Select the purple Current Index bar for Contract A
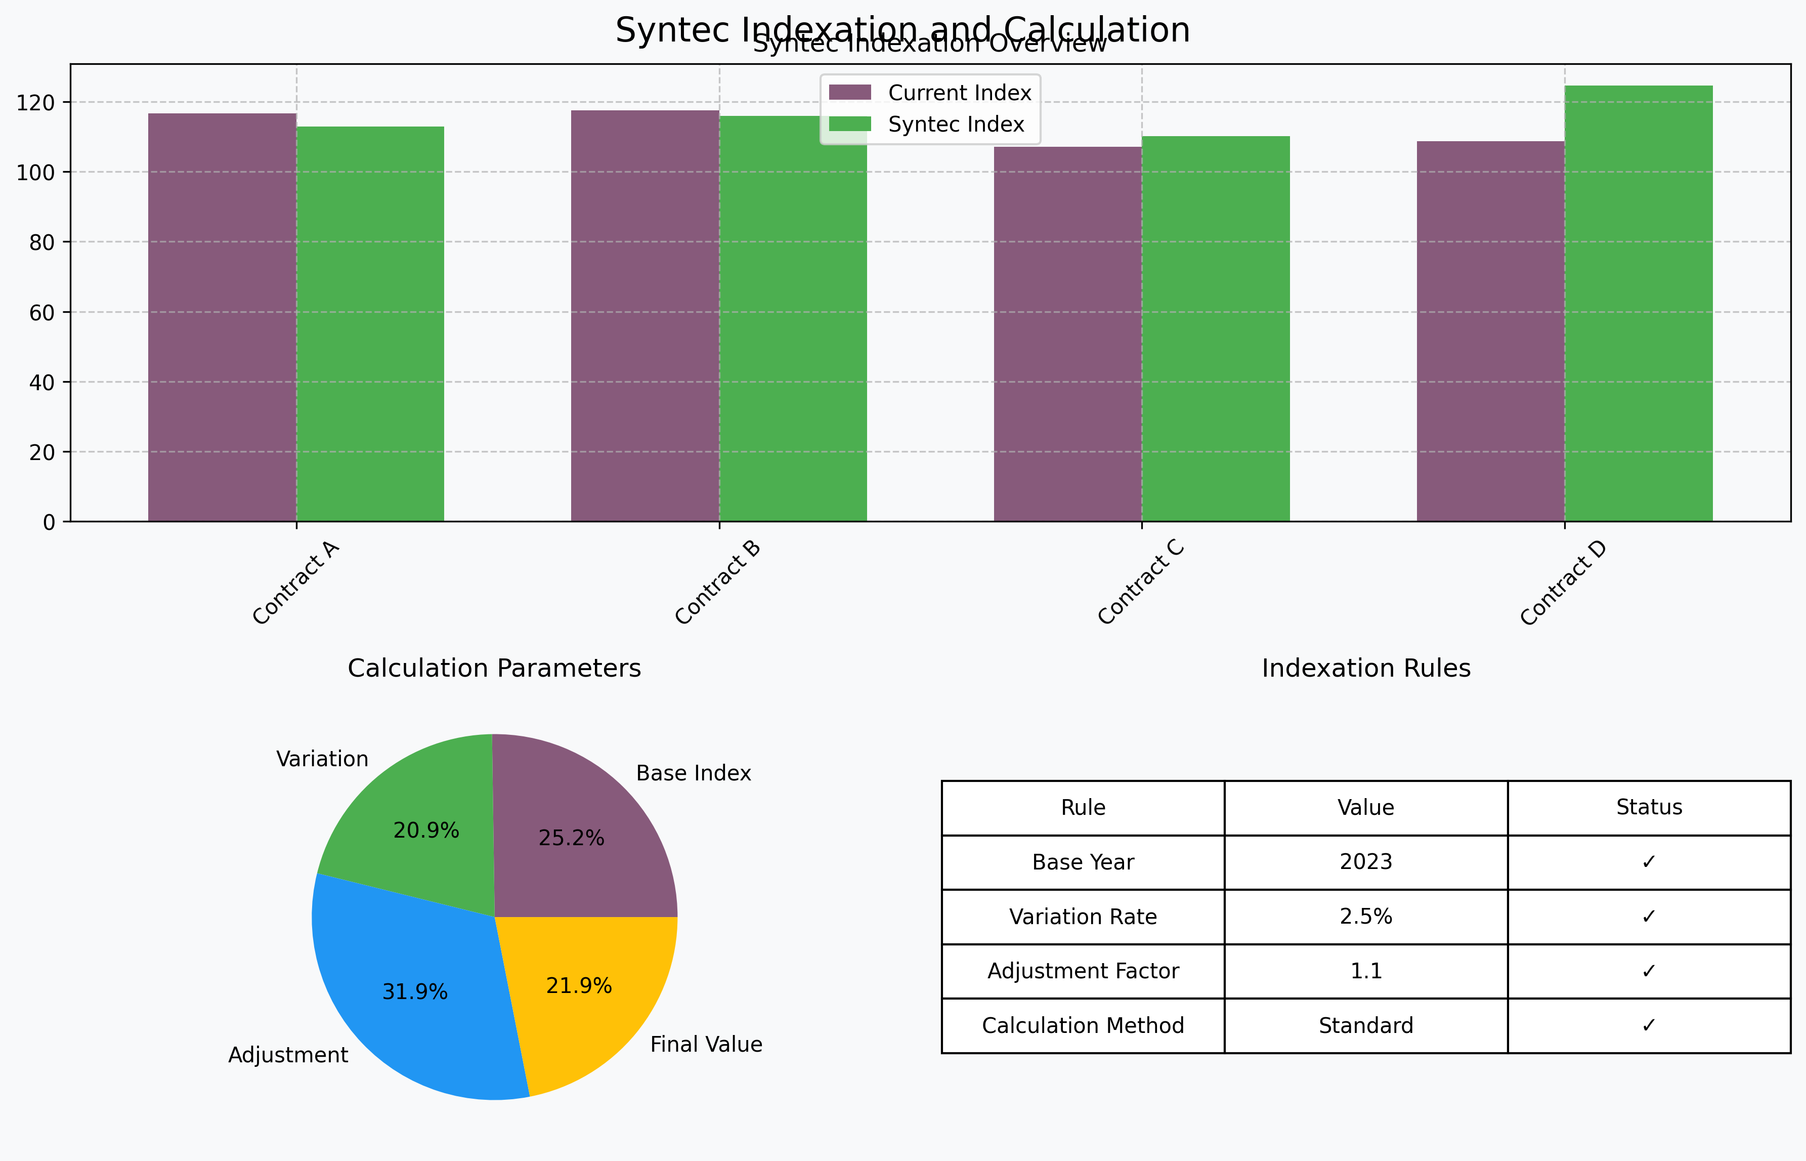point(222,317)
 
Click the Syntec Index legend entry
point(956,125)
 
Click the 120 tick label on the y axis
point(35,103)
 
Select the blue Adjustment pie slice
point(407,995)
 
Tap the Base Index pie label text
point(693,773)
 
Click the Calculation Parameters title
point(494,669)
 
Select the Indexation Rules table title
point(1365,669)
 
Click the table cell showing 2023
point(1365,862)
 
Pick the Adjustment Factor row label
point(1083,971)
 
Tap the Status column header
point(1649,807)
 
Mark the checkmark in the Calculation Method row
point(1649,1025)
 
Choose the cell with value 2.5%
point(1365,917)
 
